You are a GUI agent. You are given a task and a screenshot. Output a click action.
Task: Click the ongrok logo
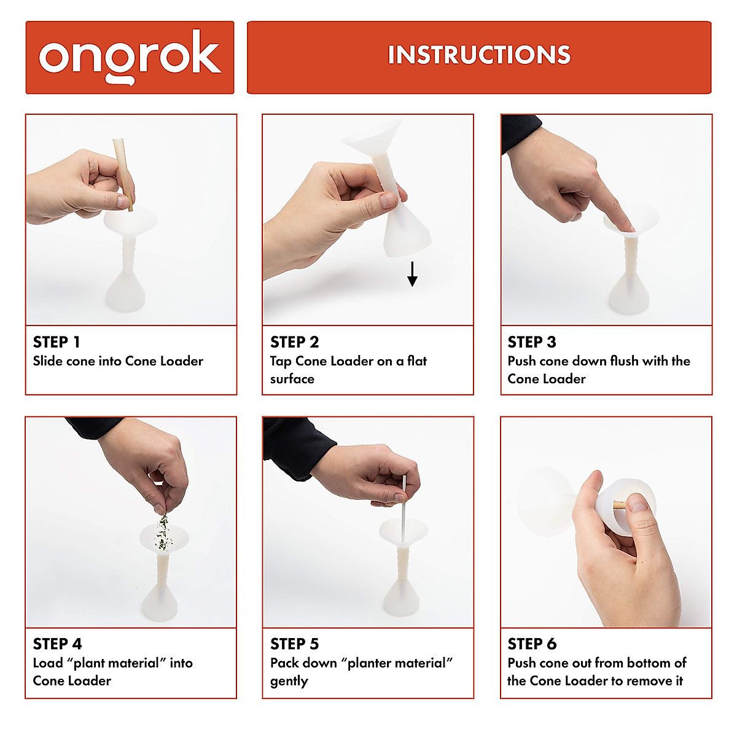[130, 57]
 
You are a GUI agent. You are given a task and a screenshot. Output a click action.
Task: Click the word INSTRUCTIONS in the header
[479, 55]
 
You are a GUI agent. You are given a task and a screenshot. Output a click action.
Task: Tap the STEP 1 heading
[57, 342]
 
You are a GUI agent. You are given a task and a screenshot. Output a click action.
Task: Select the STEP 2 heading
[295, 342]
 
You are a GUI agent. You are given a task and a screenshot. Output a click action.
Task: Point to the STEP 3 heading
[532, 342]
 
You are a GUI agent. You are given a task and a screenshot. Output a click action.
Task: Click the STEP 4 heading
[57, 644]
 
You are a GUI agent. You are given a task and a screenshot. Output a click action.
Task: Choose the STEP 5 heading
[295, 644]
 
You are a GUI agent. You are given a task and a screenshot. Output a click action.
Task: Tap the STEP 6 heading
[532, 644]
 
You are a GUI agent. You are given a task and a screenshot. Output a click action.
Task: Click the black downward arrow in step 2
[412, 274]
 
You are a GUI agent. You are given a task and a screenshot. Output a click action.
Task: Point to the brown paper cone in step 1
[123, 174]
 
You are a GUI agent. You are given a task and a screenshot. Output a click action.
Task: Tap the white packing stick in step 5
[403, 509]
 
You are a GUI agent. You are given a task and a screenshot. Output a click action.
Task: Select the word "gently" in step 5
[289, 682]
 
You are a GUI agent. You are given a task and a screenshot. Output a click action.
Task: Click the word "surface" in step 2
[292, 379]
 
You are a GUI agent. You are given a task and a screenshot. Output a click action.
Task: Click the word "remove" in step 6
[650, 681]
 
